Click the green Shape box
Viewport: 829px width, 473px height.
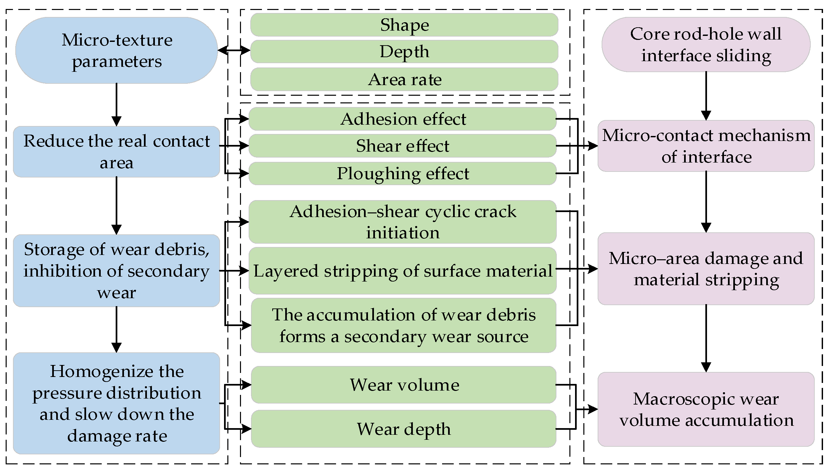coord(404,25)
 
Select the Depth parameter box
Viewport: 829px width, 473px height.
coord(404,52)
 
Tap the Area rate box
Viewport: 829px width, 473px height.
coord(404,79)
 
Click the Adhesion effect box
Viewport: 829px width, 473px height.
coord(403,119)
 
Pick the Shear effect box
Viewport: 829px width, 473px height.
coord(403,146)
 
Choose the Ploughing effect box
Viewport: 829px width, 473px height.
coord(403,174)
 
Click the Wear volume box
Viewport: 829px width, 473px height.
coord(404,385)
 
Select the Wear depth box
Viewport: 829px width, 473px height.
coord(404,429)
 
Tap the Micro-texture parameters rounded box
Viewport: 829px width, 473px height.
coord(116,51)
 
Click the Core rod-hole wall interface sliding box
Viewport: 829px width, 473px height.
coord(706,45)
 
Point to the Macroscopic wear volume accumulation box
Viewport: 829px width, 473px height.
coord(706,409)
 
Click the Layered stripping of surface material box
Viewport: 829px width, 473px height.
coord(403,271)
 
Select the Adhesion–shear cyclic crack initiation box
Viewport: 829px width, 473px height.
coord(403,222)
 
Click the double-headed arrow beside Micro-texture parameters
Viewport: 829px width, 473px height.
coord(234,51)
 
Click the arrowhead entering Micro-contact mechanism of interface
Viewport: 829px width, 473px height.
coord(593,146)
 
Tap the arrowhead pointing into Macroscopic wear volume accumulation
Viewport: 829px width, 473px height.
coord(593,409)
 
